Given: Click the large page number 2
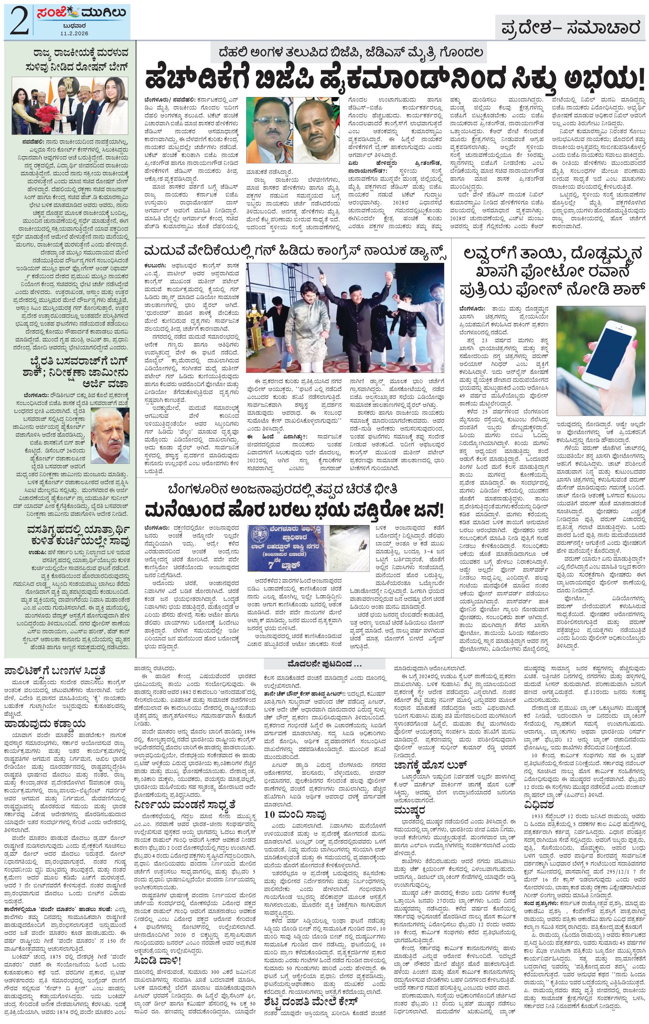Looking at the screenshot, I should tap(18, 21).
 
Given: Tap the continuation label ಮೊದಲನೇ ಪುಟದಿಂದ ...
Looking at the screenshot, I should tap(325, 664).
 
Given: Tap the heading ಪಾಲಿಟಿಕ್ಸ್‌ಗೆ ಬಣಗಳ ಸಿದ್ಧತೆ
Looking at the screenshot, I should tap(54, 671).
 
